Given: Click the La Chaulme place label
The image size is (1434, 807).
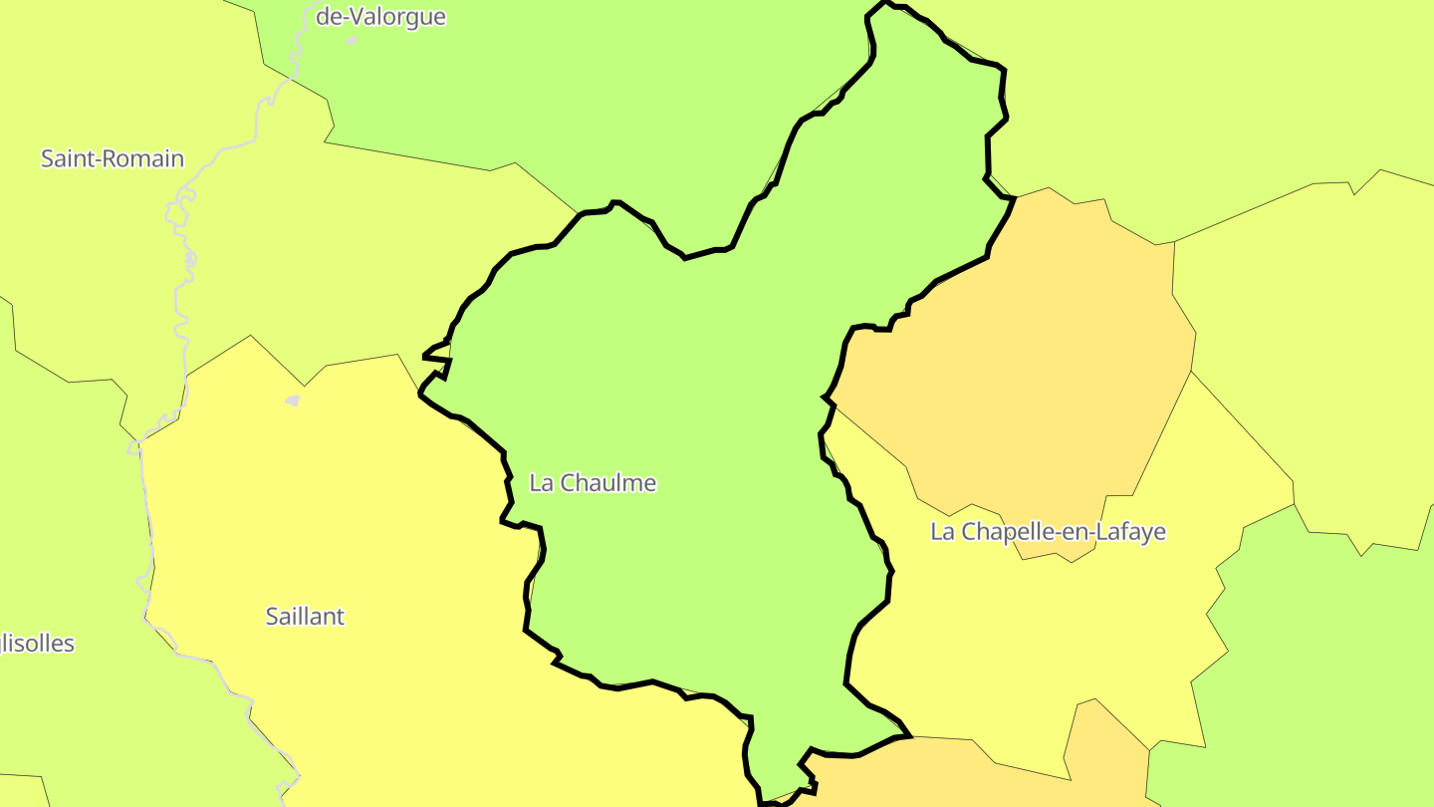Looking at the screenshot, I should click(x=593, y=483).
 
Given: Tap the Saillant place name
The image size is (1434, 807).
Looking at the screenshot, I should click(x=305, y=617).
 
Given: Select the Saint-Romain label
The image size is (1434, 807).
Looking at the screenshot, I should click(x=113, y=158).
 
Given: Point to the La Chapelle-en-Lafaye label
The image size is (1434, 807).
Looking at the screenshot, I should click(x=1048, y=532).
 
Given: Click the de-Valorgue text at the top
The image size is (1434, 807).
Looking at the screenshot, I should click(x=380, y=17).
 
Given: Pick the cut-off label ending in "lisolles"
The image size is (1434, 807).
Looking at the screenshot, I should click(x=37, y=644).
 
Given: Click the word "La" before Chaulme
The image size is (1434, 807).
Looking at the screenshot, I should click(x=542, y=483).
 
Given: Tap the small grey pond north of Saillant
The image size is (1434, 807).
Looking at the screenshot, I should click(x=292, y=401).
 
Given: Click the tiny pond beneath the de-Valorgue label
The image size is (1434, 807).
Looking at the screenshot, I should click(x=352, y=41).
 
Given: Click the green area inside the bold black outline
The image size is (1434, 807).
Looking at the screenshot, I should click(x=677, y=399).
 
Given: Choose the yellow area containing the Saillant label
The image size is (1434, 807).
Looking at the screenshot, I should click(x=329, y=518).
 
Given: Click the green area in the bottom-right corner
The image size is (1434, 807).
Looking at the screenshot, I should click(x=1324, y=677).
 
